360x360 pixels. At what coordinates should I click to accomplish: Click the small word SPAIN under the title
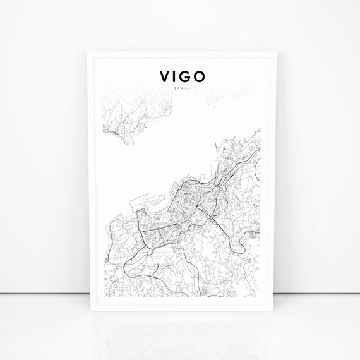pyautogui.click(x=180, y=89)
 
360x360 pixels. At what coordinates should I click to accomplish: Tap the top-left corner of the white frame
pyautogui.click(x=87, y=51)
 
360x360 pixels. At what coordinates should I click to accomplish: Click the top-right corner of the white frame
pyautogui.click(x=273, y=51)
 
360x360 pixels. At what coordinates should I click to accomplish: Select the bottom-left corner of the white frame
pyautogui.click(x=87, y=312)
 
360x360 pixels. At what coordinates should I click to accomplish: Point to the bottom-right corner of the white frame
pyautogui.click(x=273, y=312)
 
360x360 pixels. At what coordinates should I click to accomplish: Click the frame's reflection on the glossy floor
pyautogui.click(x=180, y=335)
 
